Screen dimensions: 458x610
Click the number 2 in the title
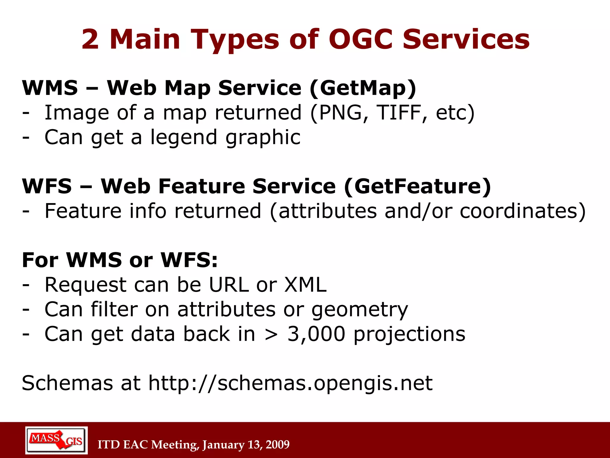click(x=90, y=39)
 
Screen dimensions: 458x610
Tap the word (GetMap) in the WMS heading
click(x=363, y=88)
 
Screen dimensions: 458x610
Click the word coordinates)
click(x=523, y=211)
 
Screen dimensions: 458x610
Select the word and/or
click(x=418, y=211)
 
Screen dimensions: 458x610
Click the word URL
click(x=229, y=284)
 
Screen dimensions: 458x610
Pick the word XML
click(x=305, y=284)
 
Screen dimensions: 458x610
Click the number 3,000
click(x=316, y=334)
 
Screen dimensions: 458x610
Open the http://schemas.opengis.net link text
click(x=290, y=383)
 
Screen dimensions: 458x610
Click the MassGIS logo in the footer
click(x=57, y=440)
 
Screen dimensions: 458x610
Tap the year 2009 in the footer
click(x=277, y=445)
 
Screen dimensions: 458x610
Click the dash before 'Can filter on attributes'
click(x=26, y=310)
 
